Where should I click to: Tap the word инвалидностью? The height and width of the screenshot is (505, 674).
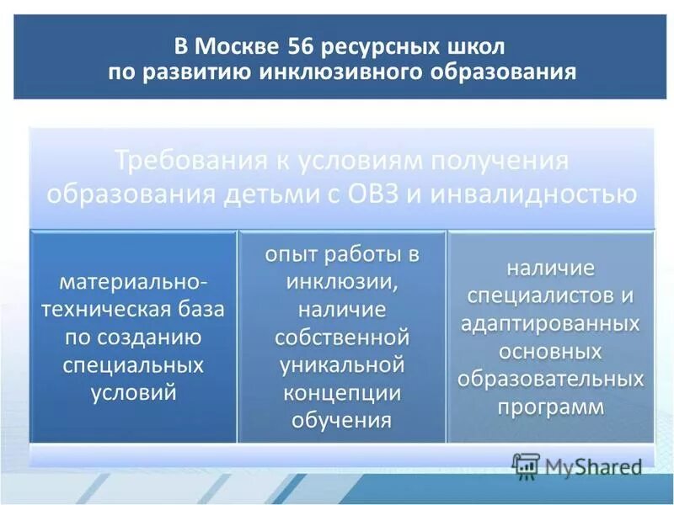click(533, 194)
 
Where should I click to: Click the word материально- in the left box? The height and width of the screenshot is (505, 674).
click(134, 278)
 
